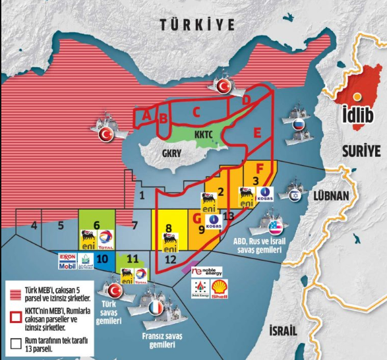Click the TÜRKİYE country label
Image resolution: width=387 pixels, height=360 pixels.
(x=197, y=25)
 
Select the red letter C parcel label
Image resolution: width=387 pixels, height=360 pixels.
(x=196, y=111)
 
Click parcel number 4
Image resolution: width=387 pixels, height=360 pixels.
(x=34, y=226)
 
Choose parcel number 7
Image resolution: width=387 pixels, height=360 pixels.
(x=134, y=226)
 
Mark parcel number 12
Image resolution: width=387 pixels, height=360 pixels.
(x=169, y=259)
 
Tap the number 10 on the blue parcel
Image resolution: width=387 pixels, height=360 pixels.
(x=102, y=259)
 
